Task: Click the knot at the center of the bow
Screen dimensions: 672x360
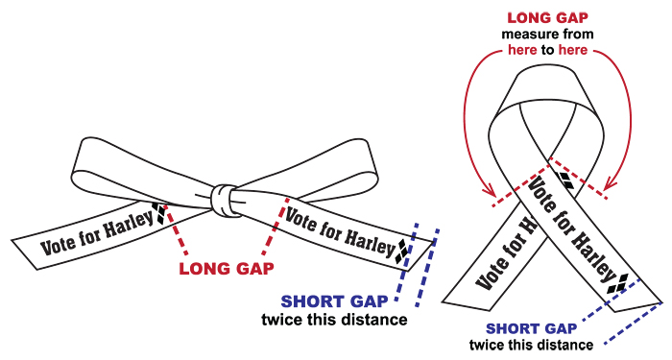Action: point(224,201)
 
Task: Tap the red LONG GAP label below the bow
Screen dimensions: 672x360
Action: point(227,269)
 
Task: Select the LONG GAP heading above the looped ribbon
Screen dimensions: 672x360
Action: point(548,18)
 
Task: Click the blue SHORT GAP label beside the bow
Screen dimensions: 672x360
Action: point(334,301)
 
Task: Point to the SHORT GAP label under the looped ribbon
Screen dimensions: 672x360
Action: point(532,329)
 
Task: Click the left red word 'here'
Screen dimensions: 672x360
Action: point(522,50)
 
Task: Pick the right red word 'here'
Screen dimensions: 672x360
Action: point(573,50)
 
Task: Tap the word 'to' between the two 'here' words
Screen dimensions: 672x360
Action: point(547,51)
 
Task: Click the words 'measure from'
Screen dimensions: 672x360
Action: point(548,35)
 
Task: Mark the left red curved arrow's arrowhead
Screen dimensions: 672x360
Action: point(489,191)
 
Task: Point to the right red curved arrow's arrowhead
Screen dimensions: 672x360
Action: point(610,184)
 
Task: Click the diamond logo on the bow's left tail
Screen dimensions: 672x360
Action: point(160,213)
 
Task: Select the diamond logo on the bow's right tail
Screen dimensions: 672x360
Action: point(402,251)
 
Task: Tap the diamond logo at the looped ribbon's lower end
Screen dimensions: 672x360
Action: point(618,284)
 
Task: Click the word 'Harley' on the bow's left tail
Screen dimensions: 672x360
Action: point(129,224)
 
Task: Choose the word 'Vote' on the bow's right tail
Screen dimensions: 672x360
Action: point(300,220)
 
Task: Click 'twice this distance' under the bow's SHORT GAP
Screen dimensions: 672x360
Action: point(335,320)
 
